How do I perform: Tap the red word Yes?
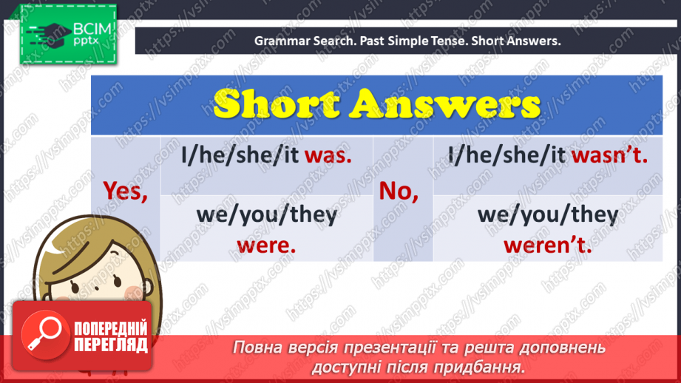coord(125,191)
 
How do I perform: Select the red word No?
coord(399,191)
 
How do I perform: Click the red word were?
coord(266,245)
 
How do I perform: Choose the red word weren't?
coord(548,245)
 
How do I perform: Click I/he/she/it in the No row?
coord(506,155)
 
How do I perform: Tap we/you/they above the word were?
coord(266,214)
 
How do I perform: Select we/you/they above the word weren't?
coord(548,214)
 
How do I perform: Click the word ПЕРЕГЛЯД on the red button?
coord(110,345)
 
